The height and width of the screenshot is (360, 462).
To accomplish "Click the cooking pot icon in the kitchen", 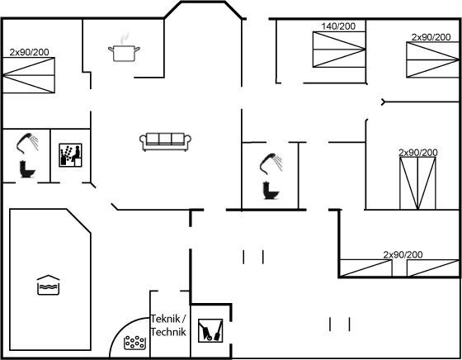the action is click(124, 54).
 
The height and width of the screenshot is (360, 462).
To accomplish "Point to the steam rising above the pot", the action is click(125, 38).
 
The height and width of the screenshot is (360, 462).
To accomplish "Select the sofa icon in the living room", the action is click(165, 141).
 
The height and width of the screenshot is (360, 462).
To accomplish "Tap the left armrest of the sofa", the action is click(144, 141).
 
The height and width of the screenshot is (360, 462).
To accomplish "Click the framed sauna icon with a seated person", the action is click(70, 155).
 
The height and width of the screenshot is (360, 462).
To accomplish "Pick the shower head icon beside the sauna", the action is click(27, 144).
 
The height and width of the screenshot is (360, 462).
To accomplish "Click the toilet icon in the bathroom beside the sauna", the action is click(27, 169).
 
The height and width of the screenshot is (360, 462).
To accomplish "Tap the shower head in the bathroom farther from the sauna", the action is click(271, 163).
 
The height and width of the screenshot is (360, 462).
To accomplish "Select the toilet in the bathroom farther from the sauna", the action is click(271, 191).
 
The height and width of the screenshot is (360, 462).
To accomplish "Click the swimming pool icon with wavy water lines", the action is click(49, 285).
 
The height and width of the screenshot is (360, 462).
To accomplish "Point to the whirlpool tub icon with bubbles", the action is click(135, 343).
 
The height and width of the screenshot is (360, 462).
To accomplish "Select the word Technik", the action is click(168, 332).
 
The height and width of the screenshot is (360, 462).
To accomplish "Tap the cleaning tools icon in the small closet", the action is click(210, 330).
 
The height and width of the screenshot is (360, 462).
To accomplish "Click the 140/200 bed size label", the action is click(338, 26).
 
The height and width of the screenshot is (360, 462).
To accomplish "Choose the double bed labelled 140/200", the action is click(339, 50).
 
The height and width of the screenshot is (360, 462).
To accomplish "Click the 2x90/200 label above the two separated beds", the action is click(403, 254).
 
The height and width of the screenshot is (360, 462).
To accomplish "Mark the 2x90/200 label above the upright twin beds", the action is click(418, 153).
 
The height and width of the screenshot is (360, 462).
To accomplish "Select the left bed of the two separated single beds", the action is click(366, 268).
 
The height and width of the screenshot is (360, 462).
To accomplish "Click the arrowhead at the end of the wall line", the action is click(383, 102).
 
